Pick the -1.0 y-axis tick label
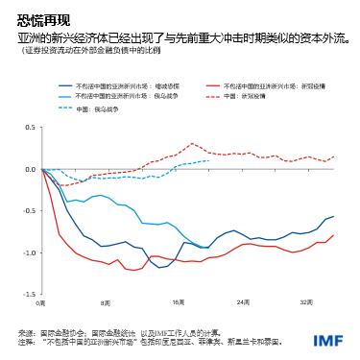click(28, 252)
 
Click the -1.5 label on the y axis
click(28, 294)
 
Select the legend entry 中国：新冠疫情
click(255, 97)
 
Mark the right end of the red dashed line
click(334, 156)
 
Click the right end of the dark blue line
click(334, 217)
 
